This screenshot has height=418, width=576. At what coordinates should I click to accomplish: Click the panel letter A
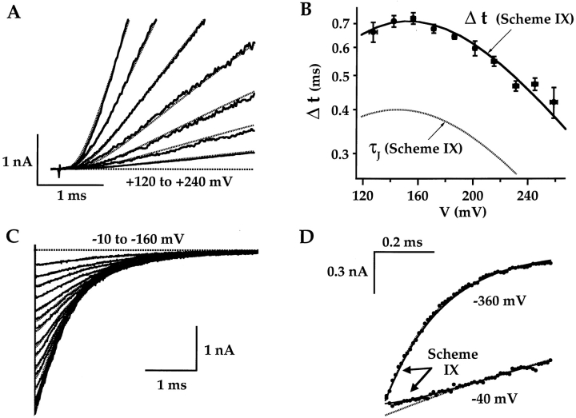(x=12, y=14)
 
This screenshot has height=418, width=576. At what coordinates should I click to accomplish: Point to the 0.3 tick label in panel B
(x=340, y=153)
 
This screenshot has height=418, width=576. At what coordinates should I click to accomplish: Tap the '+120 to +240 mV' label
(x=189, y=182)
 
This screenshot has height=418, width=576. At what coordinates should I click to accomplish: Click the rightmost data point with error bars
(x=554, y=102)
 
